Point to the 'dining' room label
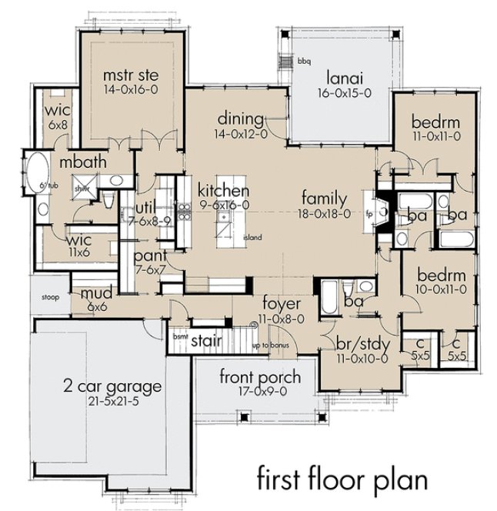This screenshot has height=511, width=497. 242,119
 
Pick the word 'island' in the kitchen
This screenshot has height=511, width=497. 251,238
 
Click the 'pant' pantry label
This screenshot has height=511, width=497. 146,255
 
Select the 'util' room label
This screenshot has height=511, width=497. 146,207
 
